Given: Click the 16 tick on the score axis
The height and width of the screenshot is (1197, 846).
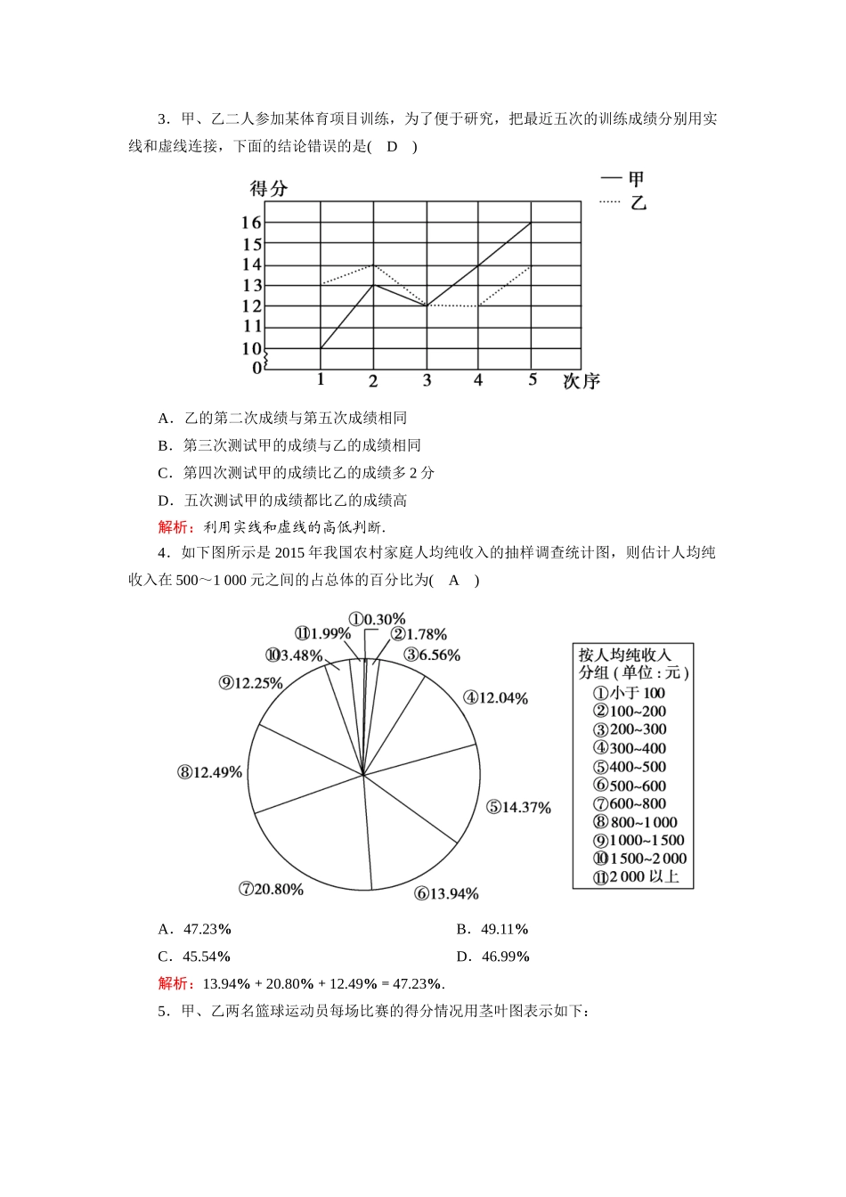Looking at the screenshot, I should coord(251,223).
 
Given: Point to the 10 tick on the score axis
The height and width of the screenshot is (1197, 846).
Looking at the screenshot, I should coord(251,349).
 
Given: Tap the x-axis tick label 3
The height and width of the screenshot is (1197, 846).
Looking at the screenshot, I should coord(427,380).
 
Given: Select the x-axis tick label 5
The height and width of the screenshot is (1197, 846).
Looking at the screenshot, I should coord(533,380).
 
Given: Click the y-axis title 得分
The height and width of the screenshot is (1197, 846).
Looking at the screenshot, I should coord(268,189).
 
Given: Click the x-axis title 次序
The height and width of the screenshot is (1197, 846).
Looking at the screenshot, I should coord(581,382).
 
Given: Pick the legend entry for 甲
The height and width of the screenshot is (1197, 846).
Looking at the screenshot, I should coord(622,179).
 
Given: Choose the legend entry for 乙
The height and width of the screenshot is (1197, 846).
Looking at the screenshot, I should coord(623,202).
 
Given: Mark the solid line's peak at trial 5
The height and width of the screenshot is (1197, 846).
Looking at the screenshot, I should coord(532,223).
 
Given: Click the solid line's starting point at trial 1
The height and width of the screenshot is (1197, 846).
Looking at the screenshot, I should coord(321,348).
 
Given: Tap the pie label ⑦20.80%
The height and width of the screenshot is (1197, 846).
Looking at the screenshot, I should coord(271,889).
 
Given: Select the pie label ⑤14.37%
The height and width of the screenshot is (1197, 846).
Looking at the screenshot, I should coord(518,808).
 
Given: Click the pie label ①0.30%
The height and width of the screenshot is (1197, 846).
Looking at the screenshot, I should coord(377,619).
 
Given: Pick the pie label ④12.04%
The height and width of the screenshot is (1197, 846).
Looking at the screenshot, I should coord(495,698).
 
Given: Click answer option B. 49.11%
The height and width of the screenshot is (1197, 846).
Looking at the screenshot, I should coord(492,930).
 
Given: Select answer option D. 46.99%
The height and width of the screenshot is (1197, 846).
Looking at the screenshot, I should coord(492,957).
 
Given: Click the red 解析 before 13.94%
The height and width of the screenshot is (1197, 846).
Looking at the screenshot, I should coord(175,984).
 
